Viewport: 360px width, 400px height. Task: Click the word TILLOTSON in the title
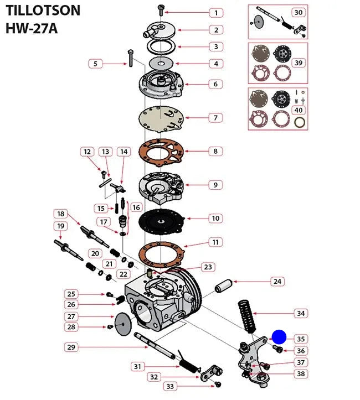coord(43,10)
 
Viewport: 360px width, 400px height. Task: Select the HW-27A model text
coord(32,28)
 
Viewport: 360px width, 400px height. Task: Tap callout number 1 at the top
coord(215,12)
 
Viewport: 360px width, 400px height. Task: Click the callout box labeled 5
coord(95,64)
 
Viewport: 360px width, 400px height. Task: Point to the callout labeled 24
coord(277,282)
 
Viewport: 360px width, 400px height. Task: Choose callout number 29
coord(71,347)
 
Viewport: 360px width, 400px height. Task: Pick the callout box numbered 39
coord(299,63)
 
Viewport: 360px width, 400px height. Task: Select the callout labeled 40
coord(299,110)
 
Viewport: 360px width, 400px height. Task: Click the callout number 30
coord(298,12)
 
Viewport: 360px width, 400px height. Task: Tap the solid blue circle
coord(279,337)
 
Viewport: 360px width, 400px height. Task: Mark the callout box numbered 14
coord(124,152)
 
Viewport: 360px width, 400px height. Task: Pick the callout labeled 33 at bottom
coord(170,386)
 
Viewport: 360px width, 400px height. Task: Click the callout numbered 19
coord(60,226)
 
